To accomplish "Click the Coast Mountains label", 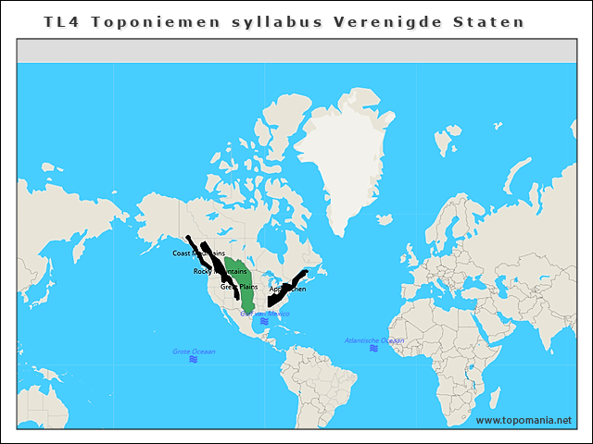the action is [x=198, y=253].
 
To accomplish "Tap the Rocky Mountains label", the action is [x=220, y=271].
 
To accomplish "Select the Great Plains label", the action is [x=238, y=287].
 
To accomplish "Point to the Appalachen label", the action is [x=287, y=290].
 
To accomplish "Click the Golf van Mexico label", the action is [x=264, y=314].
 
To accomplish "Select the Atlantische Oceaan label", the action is [x=373, y=340].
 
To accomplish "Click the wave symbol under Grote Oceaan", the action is [x=193, y=360].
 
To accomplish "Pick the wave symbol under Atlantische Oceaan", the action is [x=373, y=349].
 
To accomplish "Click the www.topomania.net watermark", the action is [x=524, y=421].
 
